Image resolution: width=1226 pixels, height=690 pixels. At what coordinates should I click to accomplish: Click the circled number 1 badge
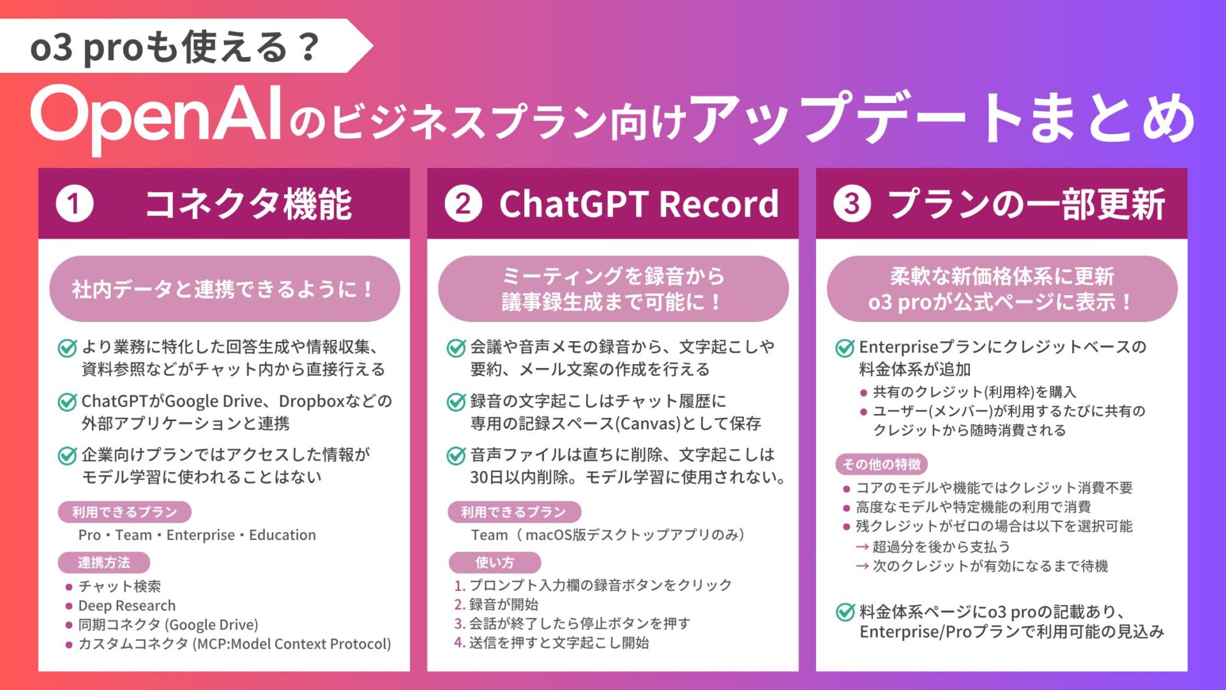tap(75, 204)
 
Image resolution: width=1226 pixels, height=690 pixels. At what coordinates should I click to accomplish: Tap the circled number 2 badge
tap(464, 204)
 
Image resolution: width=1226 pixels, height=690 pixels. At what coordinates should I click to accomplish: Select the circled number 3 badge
tap(852, 204)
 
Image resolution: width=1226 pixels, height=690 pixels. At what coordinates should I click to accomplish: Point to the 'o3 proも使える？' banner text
tap(175, 47)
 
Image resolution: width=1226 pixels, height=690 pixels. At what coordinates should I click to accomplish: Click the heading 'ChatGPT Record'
tap(639, 204)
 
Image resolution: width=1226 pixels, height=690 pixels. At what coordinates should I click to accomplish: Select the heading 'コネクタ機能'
tap(248, 204)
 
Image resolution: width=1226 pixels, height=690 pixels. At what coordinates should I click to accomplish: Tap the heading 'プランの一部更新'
tap(1027, 204)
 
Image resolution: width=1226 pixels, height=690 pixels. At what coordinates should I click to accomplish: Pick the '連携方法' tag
tap(104, 562)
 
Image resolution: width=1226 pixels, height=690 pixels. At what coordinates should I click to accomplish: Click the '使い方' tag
tap(495, 562)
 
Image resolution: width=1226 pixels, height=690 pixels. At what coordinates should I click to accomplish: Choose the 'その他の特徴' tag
tap(882, 464)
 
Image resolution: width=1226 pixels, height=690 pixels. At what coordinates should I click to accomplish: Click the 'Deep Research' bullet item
tap(127, 606)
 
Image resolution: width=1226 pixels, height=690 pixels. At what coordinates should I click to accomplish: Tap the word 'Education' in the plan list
tap(282, 535)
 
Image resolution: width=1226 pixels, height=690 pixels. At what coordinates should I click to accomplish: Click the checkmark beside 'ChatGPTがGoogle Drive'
tap(67, 402)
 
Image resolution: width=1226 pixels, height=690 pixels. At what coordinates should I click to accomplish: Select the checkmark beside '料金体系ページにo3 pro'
tap(845, 612)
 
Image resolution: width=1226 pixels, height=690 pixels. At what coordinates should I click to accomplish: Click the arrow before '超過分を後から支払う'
tap(862, 547)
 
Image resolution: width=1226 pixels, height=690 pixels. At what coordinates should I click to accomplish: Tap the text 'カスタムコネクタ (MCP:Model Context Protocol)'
tap(234, 644)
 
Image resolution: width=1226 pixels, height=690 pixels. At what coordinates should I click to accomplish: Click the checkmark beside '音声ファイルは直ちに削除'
tap(456, 456)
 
